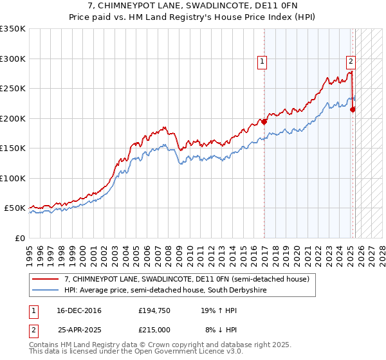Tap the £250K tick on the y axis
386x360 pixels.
coord(13,89)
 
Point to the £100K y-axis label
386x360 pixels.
coord(13,178)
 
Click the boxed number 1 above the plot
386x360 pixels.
coord(262,62)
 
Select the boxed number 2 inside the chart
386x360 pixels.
coord(351,62)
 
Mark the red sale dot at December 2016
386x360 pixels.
coord(264,122)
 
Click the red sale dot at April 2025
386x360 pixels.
coord(353,109)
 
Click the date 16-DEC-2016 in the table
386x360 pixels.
coord(79,310)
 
